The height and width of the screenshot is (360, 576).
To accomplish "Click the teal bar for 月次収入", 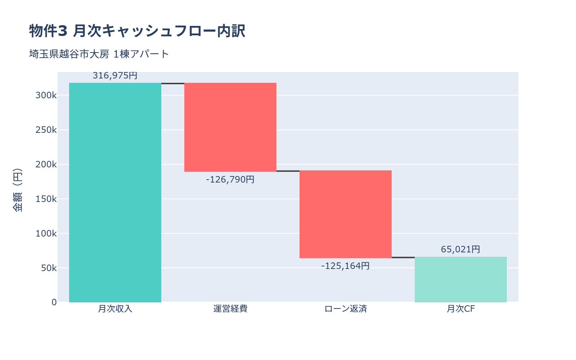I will click(x=115, y=193).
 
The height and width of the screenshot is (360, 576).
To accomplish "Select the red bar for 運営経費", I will click(x=230, y=127).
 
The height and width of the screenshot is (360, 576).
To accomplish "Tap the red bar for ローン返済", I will click(x=346, y=214).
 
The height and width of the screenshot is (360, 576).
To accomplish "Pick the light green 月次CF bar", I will click(x=461, y=279).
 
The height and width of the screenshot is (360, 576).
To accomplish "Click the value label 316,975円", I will click(x=115, y=76).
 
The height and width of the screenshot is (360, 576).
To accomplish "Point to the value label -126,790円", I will click(x=230, y=179).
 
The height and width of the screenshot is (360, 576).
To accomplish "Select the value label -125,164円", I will click(x=346, y=266).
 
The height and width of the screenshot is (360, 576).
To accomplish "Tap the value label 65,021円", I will click(x=461, y=249).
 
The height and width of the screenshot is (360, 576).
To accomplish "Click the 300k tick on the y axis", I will click(x=46, y=95).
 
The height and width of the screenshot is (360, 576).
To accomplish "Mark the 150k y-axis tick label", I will click(x=46, y=199).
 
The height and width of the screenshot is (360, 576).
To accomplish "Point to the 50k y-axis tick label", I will click(x=49, y=268).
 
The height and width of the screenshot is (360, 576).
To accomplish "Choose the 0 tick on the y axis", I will click(x=54, y=302).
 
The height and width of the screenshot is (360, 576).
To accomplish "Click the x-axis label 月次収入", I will click(x=115, y=309).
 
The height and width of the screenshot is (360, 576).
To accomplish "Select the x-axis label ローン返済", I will click(x=346, y=309).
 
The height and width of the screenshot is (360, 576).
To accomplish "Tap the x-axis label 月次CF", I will click(x=461, y=309).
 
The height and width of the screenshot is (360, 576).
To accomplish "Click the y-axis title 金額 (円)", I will click(x=17, y=190).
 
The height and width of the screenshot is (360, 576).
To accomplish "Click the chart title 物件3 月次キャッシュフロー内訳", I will click(x=137, y=31).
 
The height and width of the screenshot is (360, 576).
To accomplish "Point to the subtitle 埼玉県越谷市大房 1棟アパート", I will click(x=99, y=54).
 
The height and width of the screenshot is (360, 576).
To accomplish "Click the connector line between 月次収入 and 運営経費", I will click(x=173, y=84).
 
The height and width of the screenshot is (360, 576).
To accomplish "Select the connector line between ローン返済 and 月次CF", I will click(x=403, y=257).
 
